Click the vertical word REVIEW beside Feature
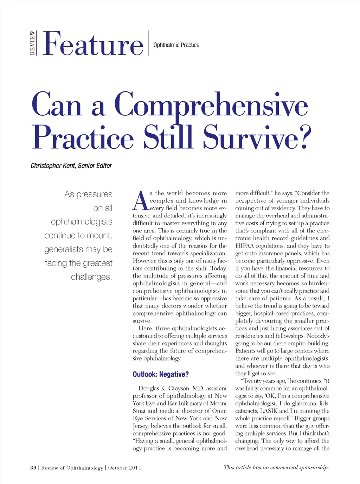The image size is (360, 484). (32, 43)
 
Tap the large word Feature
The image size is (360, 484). (93, 44)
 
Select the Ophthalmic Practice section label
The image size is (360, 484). (176, 45)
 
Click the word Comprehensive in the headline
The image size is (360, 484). (211, 104)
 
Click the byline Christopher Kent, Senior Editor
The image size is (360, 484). (71, 166)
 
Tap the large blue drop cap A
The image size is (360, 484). (141, 201)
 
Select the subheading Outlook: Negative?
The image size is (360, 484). (160, 374)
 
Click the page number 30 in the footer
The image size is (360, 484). (33, 468)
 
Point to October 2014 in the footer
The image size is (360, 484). (124, 468)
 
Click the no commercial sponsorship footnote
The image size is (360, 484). (276, 467)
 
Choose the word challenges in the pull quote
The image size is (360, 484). (91, 277)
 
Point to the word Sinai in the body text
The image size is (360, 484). (139, 411)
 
